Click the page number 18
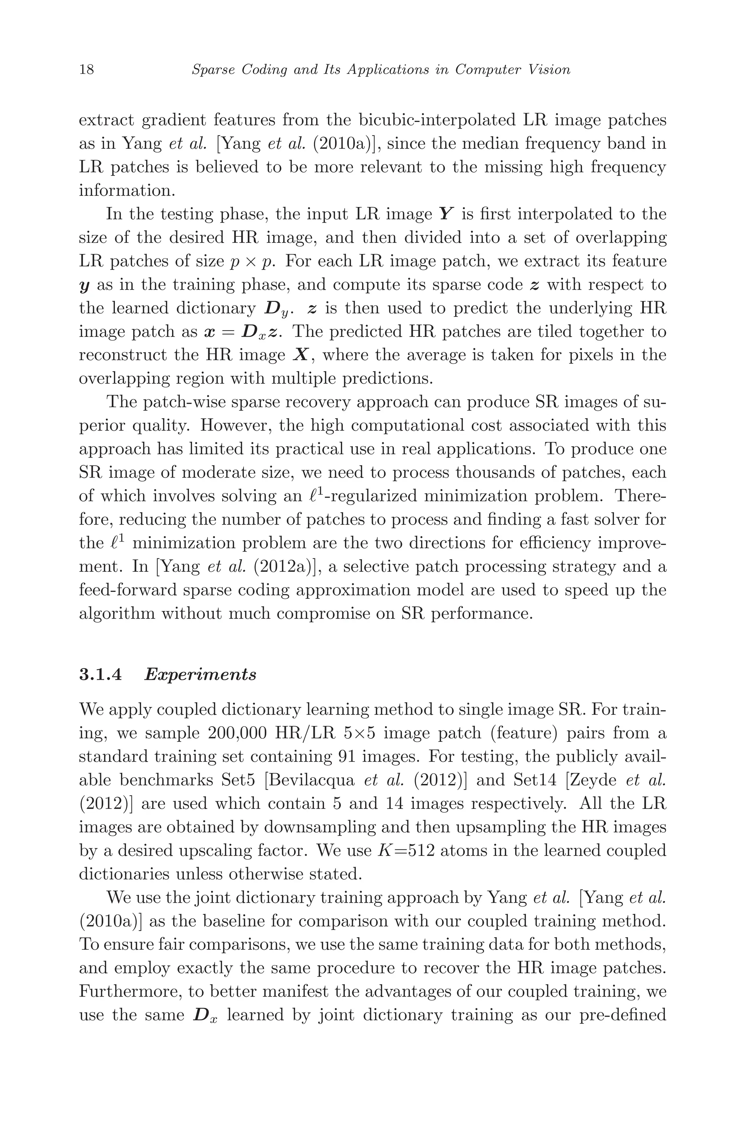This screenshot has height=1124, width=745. coord(87,70)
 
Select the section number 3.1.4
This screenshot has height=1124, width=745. coord(100,675)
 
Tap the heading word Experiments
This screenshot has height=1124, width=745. coord(200,675)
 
